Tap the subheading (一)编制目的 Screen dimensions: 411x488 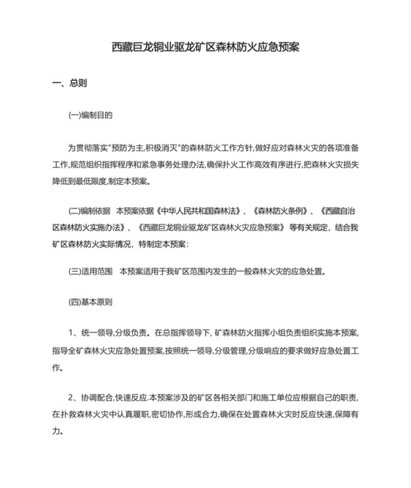tap(90, 115)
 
